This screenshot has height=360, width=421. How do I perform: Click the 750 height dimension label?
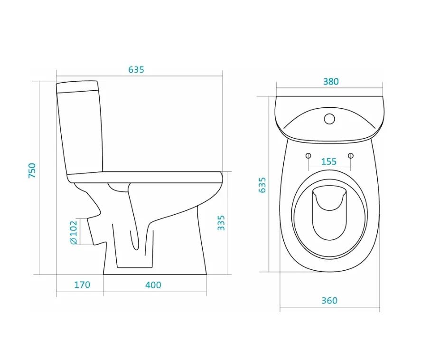click(32, 171)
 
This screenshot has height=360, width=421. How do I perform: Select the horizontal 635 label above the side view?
click(136, 70)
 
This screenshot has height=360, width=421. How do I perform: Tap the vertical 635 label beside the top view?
click(262, 185)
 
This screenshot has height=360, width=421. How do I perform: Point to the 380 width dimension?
click(331, 81)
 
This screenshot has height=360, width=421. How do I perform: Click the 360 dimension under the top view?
click(329, 300)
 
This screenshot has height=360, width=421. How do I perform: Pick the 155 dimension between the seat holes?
click(328, 161)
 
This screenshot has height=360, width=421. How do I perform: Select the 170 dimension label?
click(82, 284)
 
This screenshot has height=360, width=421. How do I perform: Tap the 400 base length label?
click(153, 285)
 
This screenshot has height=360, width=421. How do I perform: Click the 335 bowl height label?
click(221, 223)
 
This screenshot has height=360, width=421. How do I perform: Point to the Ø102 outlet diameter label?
click(74, 232)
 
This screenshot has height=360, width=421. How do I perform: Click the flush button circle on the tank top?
click(329, 119)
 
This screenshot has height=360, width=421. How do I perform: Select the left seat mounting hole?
click(308, 156)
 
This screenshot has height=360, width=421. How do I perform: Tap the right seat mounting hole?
click(351, 156)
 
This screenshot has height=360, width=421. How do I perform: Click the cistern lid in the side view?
click(77, 87)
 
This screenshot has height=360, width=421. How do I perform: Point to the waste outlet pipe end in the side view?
click(91, 231)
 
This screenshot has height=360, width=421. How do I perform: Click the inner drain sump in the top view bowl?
click(329, 212)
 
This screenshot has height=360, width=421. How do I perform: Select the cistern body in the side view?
click(80, 132)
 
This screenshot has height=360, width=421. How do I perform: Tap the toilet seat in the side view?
click(145, 177)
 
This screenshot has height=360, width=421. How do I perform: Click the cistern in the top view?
click(329, 119)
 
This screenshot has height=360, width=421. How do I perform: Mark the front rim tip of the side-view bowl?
click(222, 178)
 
